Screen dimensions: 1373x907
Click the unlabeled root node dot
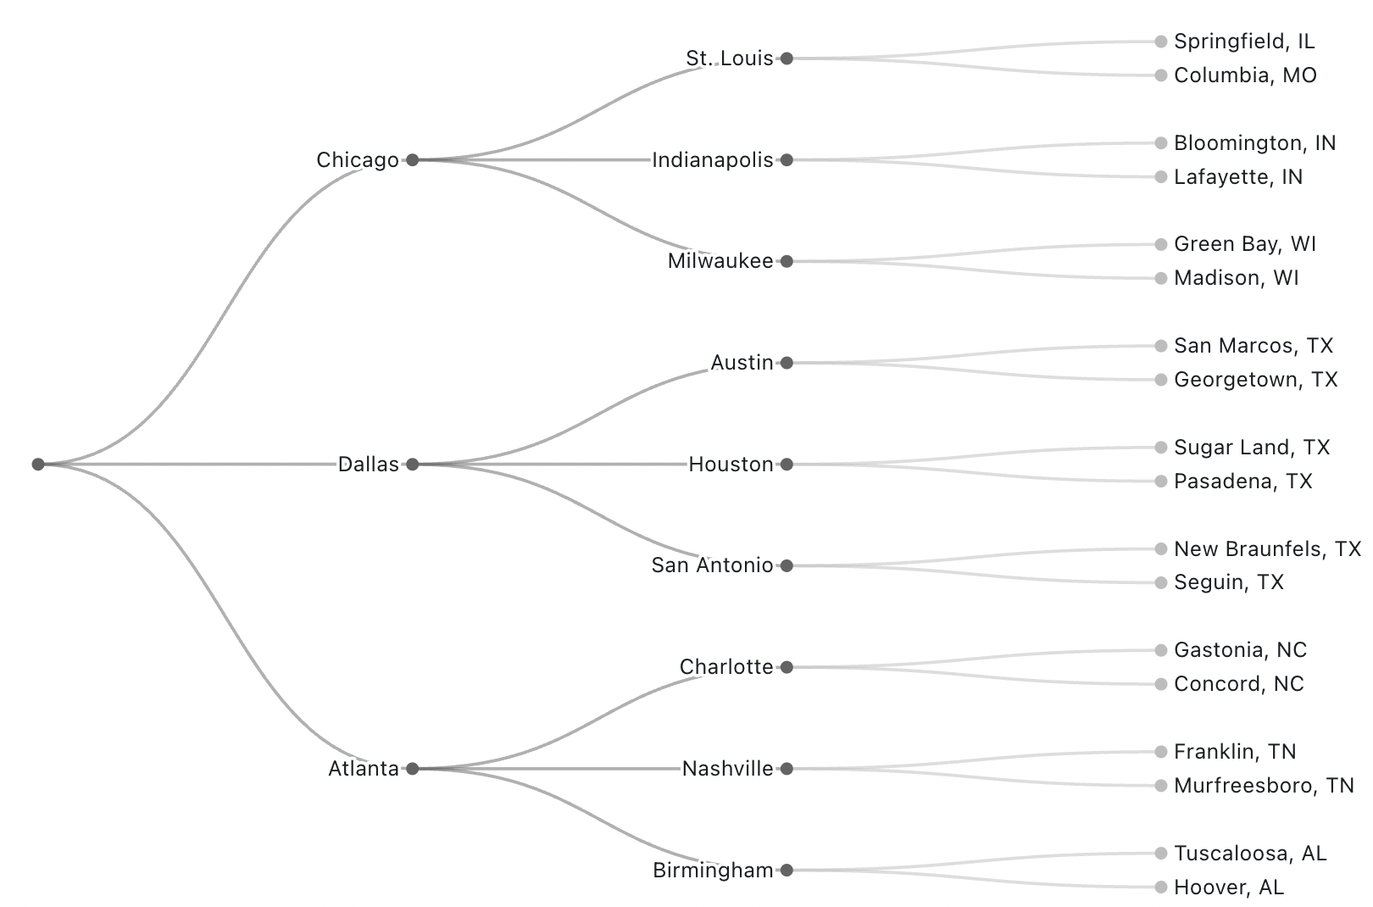(38, 465)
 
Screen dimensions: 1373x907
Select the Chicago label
(358, 160)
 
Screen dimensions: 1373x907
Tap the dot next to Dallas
(413, 465)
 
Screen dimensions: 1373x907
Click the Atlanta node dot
(413, 769)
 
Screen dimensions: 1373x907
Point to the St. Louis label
(730, 58)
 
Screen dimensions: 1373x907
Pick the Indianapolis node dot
(787, 160)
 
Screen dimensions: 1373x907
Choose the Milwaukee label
(720, 262)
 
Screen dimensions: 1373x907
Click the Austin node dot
(787, 363)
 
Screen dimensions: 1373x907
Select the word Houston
(731, 465)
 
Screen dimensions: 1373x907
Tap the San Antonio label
(712, 565)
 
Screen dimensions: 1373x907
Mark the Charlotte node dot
(787, 667)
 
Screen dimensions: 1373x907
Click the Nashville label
(727, 769)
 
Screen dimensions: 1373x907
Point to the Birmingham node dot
(787, 871)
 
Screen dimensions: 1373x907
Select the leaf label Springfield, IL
(1244, 42)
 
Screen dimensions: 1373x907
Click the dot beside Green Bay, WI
(1161, 244)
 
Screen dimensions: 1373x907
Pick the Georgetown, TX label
(1255, 380)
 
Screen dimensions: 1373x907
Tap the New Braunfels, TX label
(1267, 549)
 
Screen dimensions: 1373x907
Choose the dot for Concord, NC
(1161, 684)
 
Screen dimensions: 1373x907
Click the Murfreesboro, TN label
(1264, 786)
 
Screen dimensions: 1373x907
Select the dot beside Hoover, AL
(1161, 887)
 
